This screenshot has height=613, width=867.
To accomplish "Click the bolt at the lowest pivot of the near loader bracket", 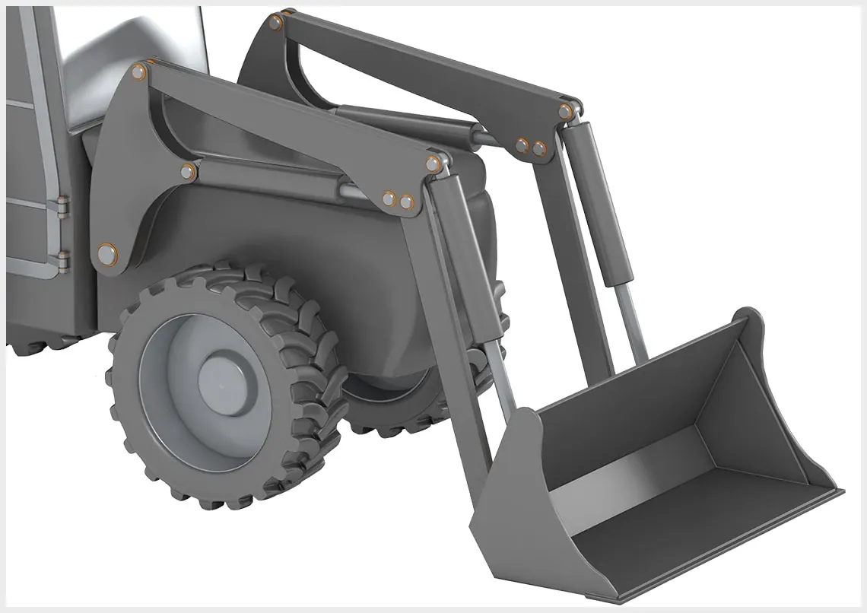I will tap(107, 254).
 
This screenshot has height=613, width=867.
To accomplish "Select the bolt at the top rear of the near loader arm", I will tap(138, 72).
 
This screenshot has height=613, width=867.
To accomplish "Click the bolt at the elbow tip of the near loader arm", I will tap(433, 164).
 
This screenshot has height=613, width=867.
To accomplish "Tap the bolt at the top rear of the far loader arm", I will tap(275, 23).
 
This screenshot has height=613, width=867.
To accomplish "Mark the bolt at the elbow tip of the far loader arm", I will tap(564, 112).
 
